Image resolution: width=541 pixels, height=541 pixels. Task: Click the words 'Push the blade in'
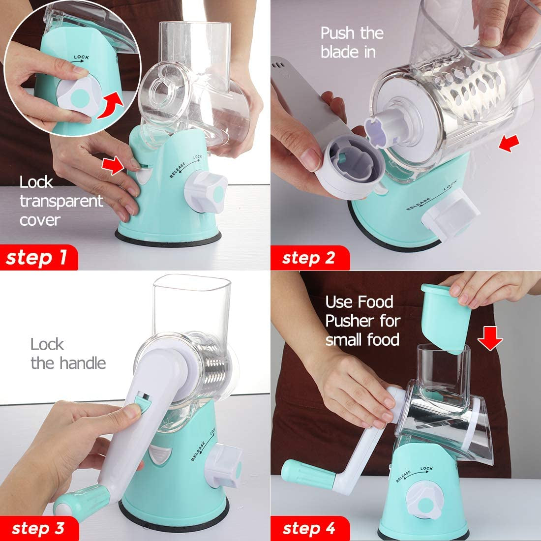click(352, 42)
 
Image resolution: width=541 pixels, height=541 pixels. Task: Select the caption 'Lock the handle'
click(68, 354)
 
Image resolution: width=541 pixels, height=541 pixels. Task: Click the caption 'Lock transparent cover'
click(61, 201)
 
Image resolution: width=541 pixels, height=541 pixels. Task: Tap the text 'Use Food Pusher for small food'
click(362, 321)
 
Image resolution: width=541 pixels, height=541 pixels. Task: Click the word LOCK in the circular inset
click(81, 58)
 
